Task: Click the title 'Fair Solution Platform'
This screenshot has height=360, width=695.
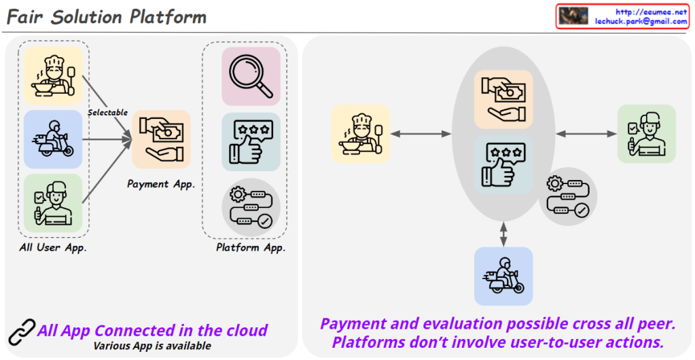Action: coord(107,16)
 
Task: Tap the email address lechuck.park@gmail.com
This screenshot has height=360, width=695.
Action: coord(641,22)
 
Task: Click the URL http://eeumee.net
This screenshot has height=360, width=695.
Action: coord(652,12)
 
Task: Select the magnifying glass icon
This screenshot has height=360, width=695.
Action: coord(251,76)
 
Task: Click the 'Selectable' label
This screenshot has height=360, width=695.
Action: coord(107,112)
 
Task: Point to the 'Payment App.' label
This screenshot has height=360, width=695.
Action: coord(161,183)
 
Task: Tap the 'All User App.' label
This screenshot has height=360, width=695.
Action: coord(53,247)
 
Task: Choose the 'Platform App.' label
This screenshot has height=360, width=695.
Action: coord(251,247)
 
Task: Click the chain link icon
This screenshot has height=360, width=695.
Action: coord(22,332)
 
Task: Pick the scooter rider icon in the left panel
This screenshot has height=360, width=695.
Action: coord(53,139)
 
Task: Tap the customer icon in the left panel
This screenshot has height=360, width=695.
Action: coord(53,202)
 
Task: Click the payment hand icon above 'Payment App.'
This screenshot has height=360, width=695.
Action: coord(161,139)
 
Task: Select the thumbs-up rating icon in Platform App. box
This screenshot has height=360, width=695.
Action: coord(251,141)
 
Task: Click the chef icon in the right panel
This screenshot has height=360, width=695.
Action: coord(360,134)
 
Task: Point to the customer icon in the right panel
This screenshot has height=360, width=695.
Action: coord(646,134)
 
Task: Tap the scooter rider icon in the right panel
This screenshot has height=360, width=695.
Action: coord(503,276)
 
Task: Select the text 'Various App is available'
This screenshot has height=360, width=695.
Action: coord(152,346)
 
